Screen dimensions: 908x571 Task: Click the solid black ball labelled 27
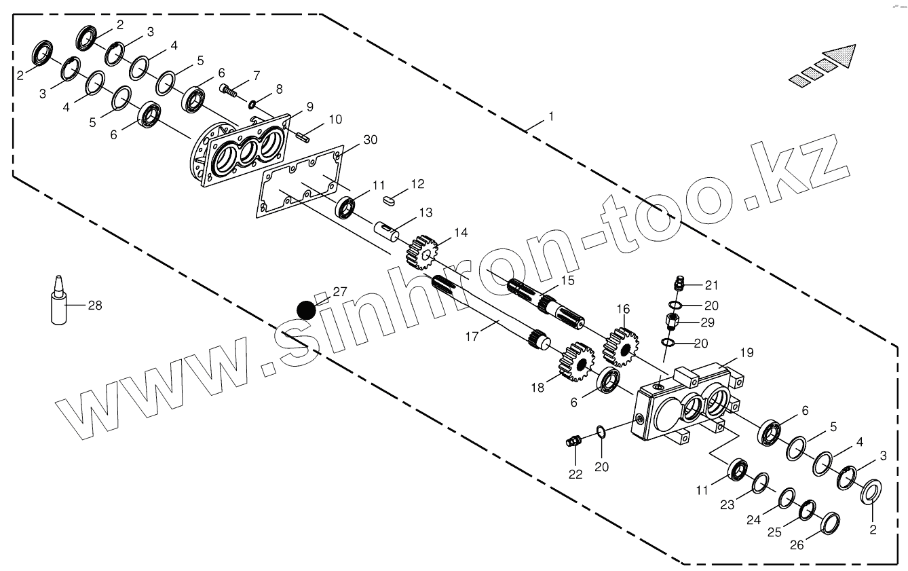tap(307, 310)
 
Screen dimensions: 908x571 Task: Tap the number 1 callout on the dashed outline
tap(551, 117)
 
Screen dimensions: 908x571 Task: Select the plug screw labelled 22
tap(573, 442)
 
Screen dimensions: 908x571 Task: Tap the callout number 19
tap(746, 352)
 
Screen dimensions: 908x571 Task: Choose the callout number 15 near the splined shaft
tap(567, 280)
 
